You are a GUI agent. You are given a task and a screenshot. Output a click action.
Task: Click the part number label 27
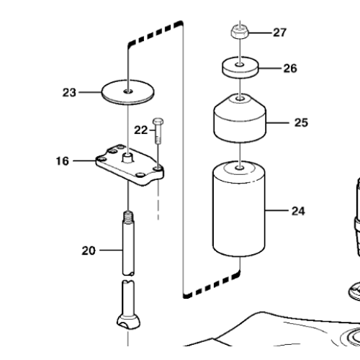point(279,32)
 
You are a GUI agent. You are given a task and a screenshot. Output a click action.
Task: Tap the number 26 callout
point(289,70)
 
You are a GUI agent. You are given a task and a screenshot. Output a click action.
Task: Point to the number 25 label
point(301,122)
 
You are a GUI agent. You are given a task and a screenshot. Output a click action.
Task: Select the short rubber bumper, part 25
point(238,119)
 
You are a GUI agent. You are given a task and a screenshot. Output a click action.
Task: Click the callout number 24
point(297,211)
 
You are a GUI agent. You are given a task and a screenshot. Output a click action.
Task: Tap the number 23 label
point(69,91)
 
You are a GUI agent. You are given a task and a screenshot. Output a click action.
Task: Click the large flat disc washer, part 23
point(127,92)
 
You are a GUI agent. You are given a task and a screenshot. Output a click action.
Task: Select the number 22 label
point(141,130)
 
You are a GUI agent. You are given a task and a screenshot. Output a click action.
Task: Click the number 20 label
point(108,251)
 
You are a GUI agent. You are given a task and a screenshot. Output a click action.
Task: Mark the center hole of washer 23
point(127,91)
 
